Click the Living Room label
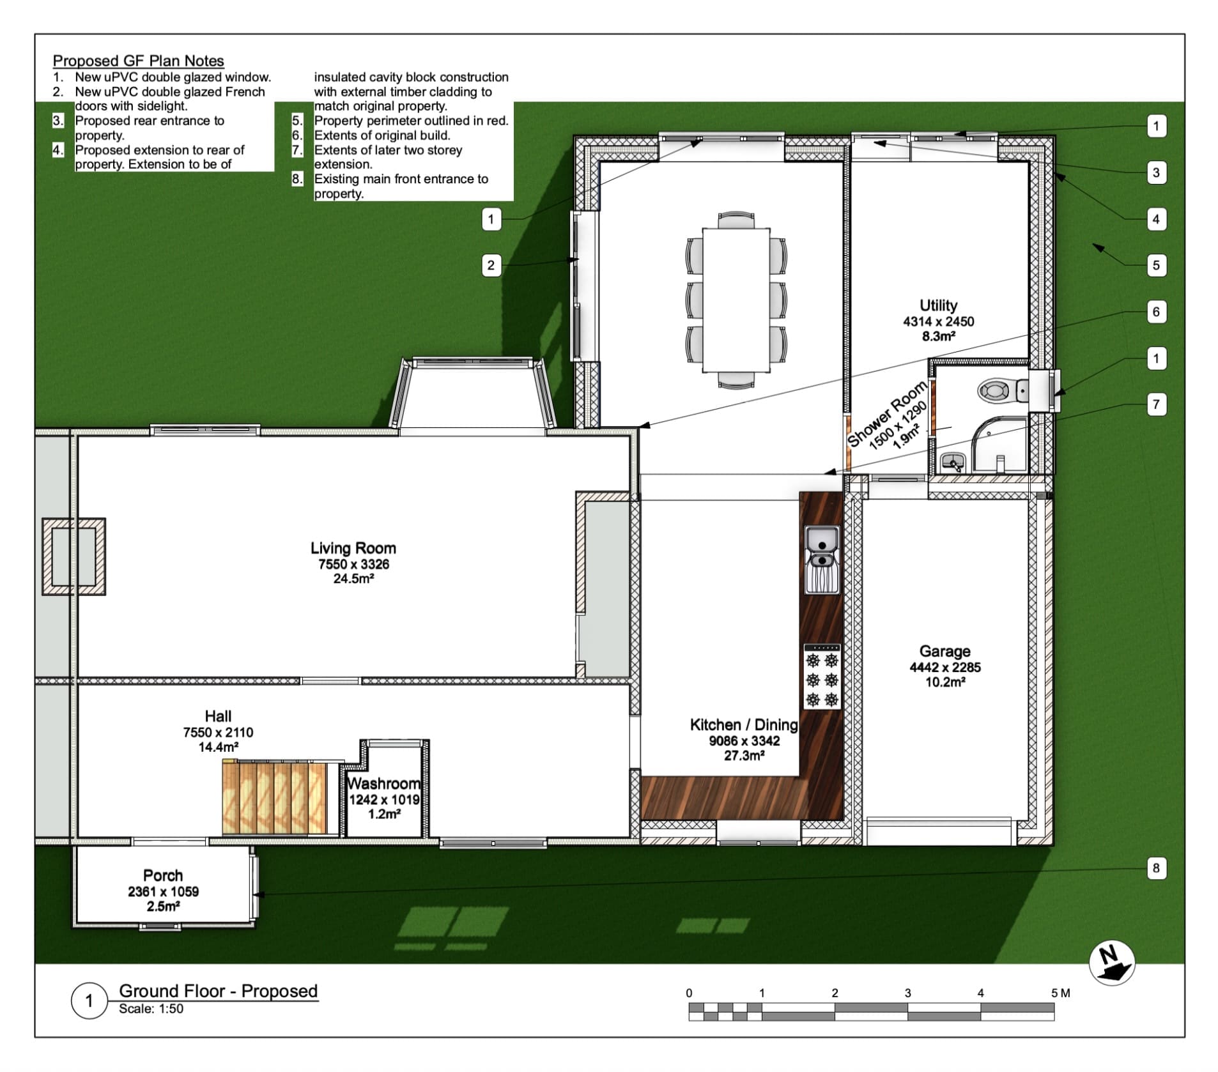click(353, 548)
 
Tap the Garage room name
click(944, 651)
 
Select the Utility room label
click(938, 305)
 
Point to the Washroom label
click(383, 783)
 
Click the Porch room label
click(163, 875)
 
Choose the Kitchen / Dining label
click(744, 724)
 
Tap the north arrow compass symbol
click(1111, 963)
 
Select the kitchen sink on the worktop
click(822, 559)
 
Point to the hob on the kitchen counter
click(822, 677)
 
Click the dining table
click(736, 300)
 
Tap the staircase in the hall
click(274, 797)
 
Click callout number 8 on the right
click(1155, 868)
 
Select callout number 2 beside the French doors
click(491, 265)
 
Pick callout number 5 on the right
click(1155, 265)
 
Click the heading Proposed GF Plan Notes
click(138, 61)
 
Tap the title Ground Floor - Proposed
click(219, 991)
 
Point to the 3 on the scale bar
click(907, 993)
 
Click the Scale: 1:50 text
click(151, 1009)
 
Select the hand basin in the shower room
click(953, 461)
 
